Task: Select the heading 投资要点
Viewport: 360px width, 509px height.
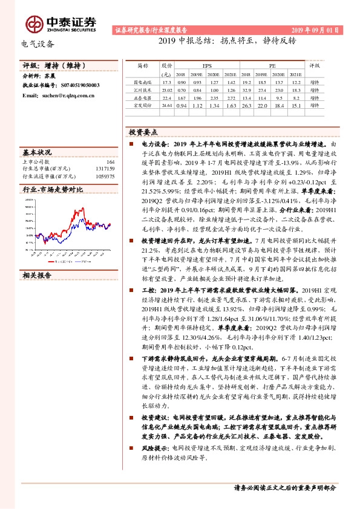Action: tap(143, 131)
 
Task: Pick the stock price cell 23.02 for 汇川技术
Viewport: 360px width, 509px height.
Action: tap(168, 89)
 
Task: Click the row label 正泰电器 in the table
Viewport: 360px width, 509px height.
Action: tap(142, 97)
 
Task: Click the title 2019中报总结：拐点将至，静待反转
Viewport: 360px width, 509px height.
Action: tap(227, 42)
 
